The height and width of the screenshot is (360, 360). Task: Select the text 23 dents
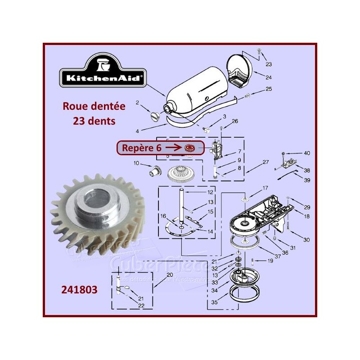coord(94,121)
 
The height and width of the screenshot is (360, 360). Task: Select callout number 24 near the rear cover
coord(268,77)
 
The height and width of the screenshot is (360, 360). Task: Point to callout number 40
coord(306,153)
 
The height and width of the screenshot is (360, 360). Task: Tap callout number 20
coord(169,275)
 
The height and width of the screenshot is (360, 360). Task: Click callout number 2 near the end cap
coord(138,103)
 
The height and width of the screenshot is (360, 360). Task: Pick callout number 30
coord(306,240)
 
